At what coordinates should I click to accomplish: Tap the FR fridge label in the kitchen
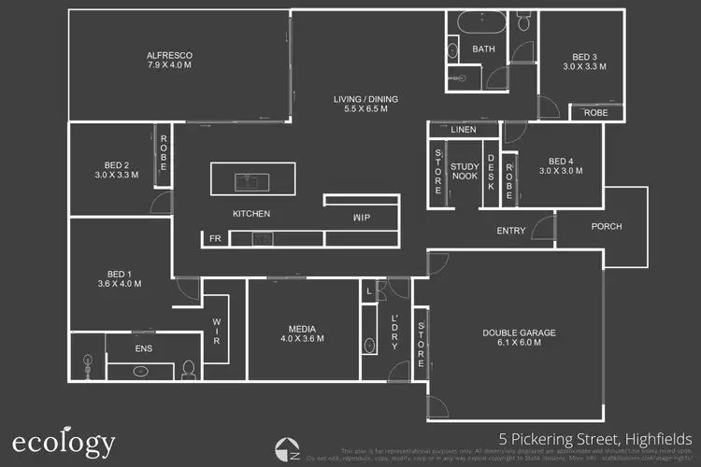coord(215,239)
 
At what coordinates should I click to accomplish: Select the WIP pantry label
coord(361,217)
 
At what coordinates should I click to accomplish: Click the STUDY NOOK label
coord(465,172)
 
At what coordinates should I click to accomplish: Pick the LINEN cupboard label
coord(463,130)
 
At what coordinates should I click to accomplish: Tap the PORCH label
coord(607,227)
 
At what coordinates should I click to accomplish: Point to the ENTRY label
coord(510,231)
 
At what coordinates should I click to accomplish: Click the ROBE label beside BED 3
coord(595,113)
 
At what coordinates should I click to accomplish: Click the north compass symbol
coord(288,449)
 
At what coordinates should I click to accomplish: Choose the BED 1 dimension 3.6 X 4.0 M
coord(119,283)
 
